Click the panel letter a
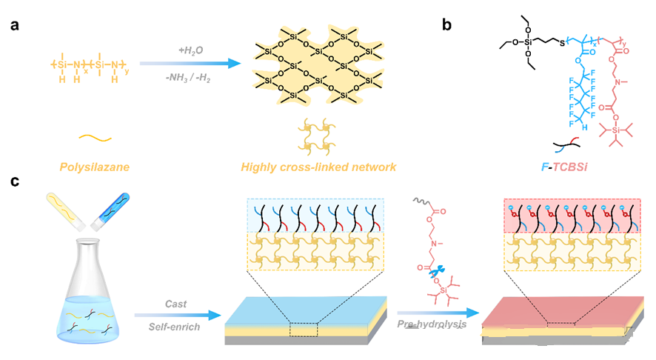click(x=15, y=24)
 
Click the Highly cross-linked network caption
click(x=318, y=167)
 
